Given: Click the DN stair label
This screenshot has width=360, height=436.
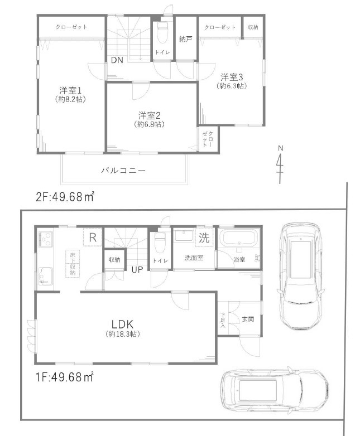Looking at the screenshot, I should coord(117,60).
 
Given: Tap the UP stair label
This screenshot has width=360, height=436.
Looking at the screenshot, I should coord(136,270).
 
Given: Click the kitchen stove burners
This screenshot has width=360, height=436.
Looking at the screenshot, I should coord(45,241).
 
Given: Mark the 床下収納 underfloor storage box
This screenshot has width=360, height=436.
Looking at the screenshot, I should coord(73,263).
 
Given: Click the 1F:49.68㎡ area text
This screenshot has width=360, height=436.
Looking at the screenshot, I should coord(65,377).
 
